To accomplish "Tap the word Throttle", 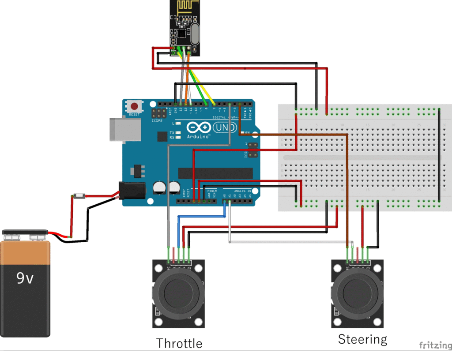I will [179, 343].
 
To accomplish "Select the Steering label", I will [362, 339].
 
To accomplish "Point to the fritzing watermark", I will [435, 345].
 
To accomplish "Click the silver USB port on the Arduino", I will [118, 129].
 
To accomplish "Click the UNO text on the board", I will [225, 128].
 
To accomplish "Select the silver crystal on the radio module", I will [194, 34].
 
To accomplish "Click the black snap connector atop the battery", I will [25, 232].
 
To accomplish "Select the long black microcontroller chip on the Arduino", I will [215, 173].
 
